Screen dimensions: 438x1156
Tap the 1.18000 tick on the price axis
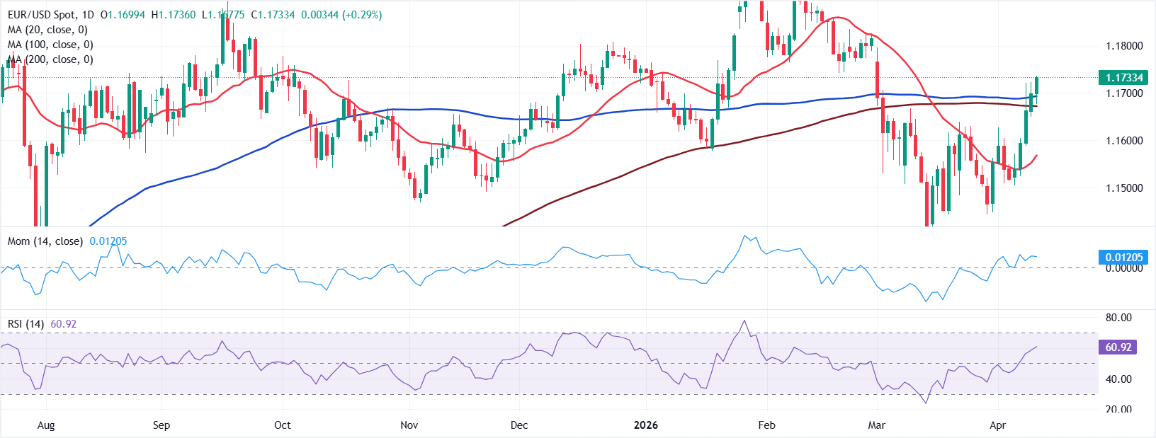(x=1124, y=46)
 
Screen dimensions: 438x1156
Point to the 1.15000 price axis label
(x=1124, y=188)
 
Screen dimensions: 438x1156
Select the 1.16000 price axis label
(x=1124, y=141)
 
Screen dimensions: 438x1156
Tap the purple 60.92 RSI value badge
(x=1118, y=347)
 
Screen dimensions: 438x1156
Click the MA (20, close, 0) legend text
(x=47, y=30)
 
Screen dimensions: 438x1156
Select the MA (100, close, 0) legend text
(x=50, y=45)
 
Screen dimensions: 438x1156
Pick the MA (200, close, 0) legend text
(x=50, y=59)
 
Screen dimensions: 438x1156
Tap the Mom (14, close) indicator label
(x=45, y=241)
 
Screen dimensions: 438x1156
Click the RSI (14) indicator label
(x=25, y=324)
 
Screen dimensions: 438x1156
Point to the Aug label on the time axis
(x=45, y=425)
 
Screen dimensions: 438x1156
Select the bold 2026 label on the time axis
(x=645, y=425)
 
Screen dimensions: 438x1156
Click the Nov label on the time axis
(x=409, y=425)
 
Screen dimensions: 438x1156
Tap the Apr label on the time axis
(x=997, y=425)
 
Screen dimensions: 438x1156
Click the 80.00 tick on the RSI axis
(x=1118, y=318)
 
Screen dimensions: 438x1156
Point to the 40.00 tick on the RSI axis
(x=1118, y=379)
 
